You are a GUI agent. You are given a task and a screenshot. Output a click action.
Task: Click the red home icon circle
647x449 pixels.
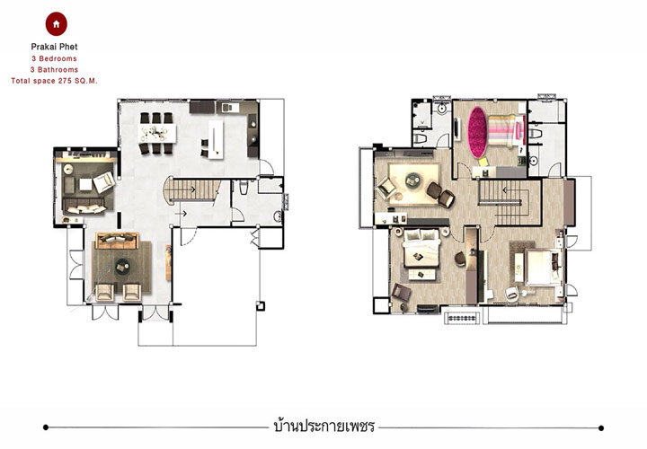click(56, 24)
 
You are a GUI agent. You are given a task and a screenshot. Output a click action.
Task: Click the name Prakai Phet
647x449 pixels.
click(54, 47)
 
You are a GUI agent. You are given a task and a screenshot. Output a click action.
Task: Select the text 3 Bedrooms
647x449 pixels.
click(54, 58)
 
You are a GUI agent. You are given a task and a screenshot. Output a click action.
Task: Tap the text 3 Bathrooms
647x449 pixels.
click(54, 70)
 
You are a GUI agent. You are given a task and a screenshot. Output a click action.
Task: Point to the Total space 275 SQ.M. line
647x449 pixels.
click(54, 81)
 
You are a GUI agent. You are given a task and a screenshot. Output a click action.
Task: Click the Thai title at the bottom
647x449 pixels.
click(323, 426)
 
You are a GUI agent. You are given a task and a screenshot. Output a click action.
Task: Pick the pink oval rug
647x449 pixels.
click(477, 132)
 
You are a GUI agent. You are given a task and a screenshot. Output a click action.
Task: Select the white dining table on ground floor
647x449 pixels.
click(156, 133)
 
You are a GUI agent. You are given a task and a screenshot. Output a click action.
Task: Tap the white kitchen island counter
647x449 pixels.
click(216, 139)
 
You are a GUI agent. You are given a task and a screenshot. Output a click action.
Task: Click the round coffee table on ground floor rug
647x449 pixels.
click(122, 267)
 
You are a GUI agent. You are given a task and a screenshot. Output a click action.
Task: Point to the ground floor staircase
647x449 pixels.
click(192, 189)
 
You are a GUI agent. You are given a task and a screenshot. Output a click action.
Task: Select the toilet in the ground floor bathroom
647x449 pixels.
click(244, 187)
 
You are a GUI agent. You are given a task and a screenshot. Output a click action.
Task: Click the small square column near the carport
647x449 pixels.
click(261, 306)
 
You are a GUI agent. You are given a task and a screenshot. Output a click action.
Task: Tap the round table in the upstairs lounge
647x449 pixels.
click(412, 180)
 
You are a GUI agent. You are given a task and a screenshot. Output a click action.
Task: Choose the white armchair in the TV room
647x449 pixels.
click(103, 182)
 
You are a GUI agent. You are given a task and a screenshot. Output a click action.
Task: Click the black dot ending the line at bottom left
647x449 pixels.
click(46, 427)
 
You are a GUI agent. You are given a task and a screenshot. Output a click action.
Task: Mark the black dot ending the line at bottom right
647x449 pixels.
click(601, 428)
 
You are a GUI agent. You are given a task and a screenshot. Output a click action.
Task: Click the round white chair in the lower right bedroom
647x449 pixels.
click(511, 293)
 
